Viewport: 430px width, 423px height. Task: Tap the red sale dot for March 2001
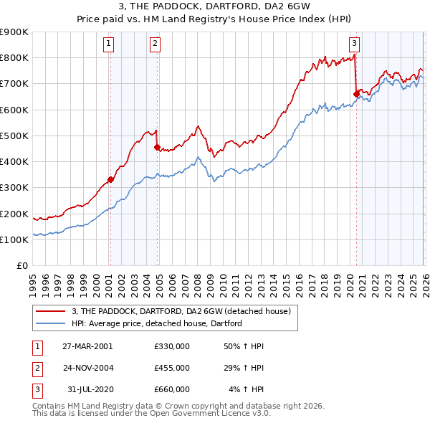(x=110, y=180)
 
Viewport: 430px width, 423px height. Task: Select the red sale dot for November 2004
(x=157, y=148)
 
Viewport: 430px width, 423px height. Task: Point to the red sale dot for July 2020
(x=356, y=93)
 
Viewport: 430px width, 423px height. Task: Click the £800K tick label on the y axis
(x=14, y=58)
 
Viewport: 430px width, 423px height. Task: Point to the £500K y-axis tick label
(x=14, y=136)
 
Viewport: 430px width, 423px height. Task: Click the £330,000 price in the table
(x=172, y=346)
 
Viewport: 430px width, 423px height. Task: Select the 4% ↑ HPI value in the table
(x=247, y=389)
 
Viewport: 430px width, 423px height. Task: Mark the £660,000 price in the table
(x=172, y=389)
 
